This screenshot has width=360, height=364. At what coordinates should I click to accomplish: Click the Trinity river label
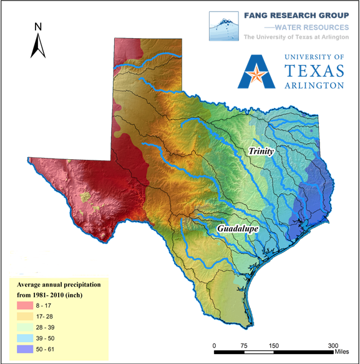[x=261, y=151]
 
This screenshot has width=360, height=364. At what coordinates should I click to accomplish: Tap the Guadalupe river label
[x=238, y=230]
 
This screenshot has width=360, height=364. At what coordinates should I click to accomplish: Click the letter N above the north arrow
[x=38, y=27]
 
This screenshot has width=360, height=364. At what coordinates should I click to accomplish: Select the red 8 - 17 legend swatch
[x=26, y=305]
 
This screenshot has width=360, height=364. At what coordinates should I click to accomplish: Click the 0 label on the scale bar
[x=215, y=345]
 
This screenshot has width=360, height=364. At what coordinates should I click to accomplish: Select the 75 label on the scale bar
[x=245, y=345]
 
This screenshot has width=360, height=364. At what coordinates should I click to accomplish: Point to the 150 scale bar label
[x=273, y=345]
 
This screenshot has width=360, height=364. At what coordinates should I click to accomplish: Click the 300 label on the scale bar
[x=333, y=345]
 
